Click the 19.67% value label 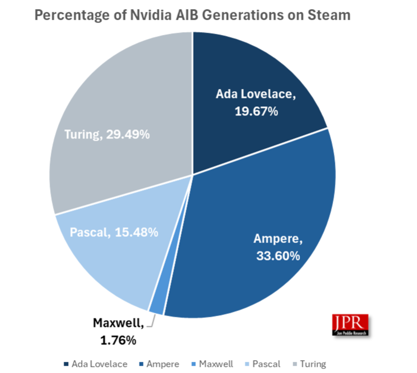(256, 112)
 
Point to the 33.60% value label (278, 256)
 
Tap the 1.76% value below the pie (118, 340)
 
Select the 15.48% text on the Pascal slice (137, 232)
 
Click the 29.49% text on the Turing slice (128, 135)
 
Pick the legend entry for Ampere (159, 364)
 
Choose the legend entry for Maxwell (212, 364)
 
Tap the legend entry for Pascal (263, 364)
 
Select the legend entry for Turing (309, 364)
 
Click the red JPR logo (350, 324)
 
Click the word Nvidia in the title (151, 15)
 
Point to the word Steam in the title (329, 15)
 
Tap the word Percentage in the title (72, 15)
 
